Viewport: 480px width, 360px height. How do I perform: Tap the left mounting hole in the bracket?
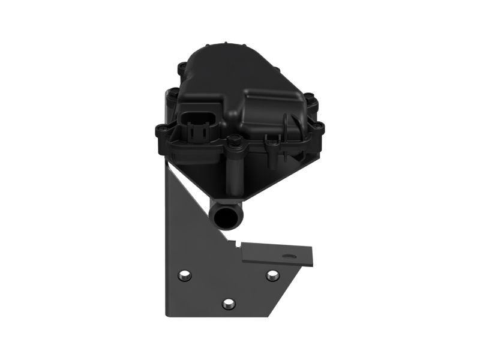pyautogui.click(x=185, y=275)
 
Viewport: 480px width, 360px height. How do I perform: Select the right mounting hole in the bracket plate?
pyautogui.click(x=272, y=275)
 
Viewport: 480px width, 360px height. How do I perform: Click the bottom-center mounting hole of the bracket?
pyautogui.click(x=229, y=304)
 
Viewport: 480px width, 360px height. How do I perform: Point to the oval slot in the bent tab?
pyautogui.click(x=292, y=256)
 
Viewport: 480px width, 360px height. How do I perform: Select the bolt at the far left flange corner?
pyautogui.click(x=161, y=130)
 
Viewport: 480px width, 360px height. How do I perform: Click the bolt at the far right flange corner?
pyautogui.click(x=319, y=127)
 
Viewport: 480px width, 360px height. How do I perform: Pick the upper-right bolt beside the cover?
pyautogui.click(x=309, y=98)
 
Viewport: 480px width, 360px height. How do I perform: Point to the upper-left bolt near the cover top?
pyautogui.click(x=182, y=67)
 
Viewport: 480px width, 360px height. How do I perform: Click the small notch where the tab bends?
pyautogui.click(x=239, y=245)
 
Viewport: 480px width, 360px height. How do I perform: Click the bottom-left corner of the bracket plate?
pyautogui.click(x=168, y=313)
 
